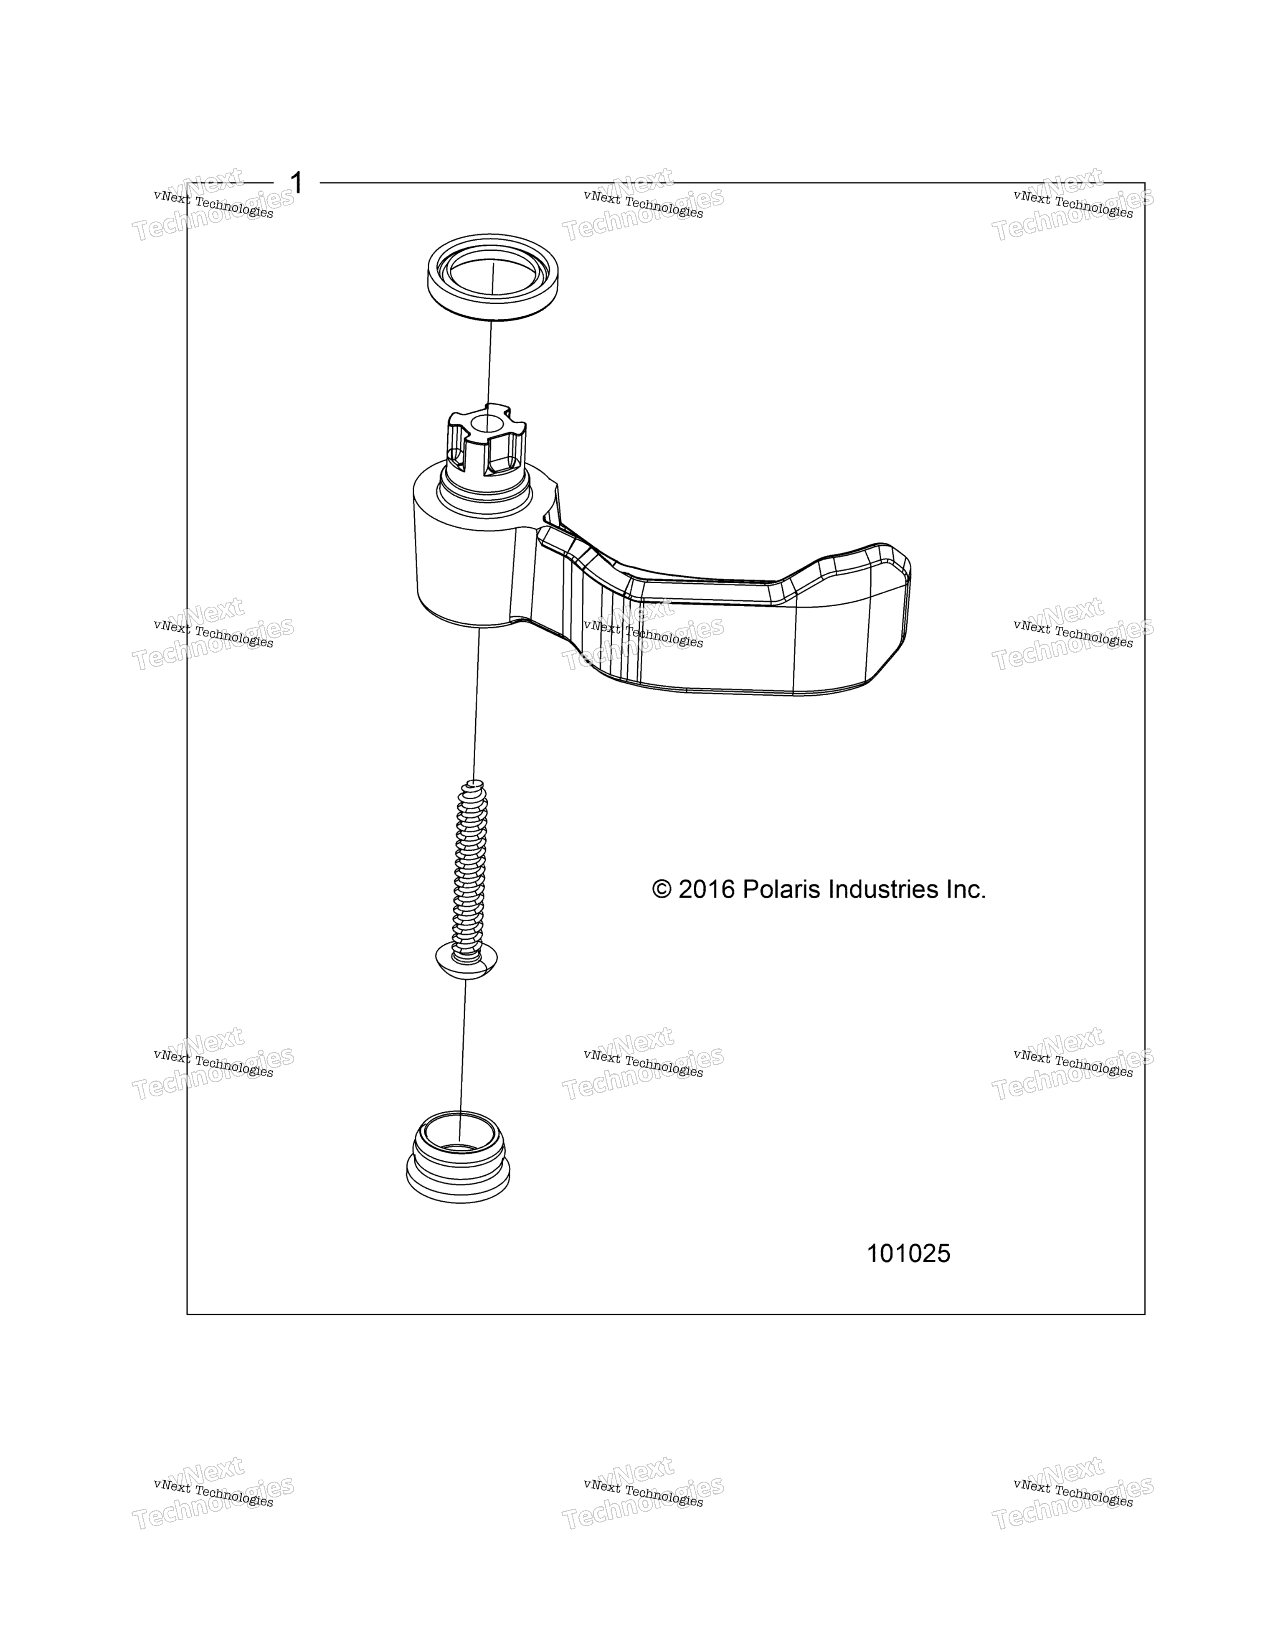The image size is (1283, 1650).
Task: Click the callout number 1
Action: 297,183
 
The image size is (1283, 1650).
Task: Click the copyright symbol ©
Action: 662,890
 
